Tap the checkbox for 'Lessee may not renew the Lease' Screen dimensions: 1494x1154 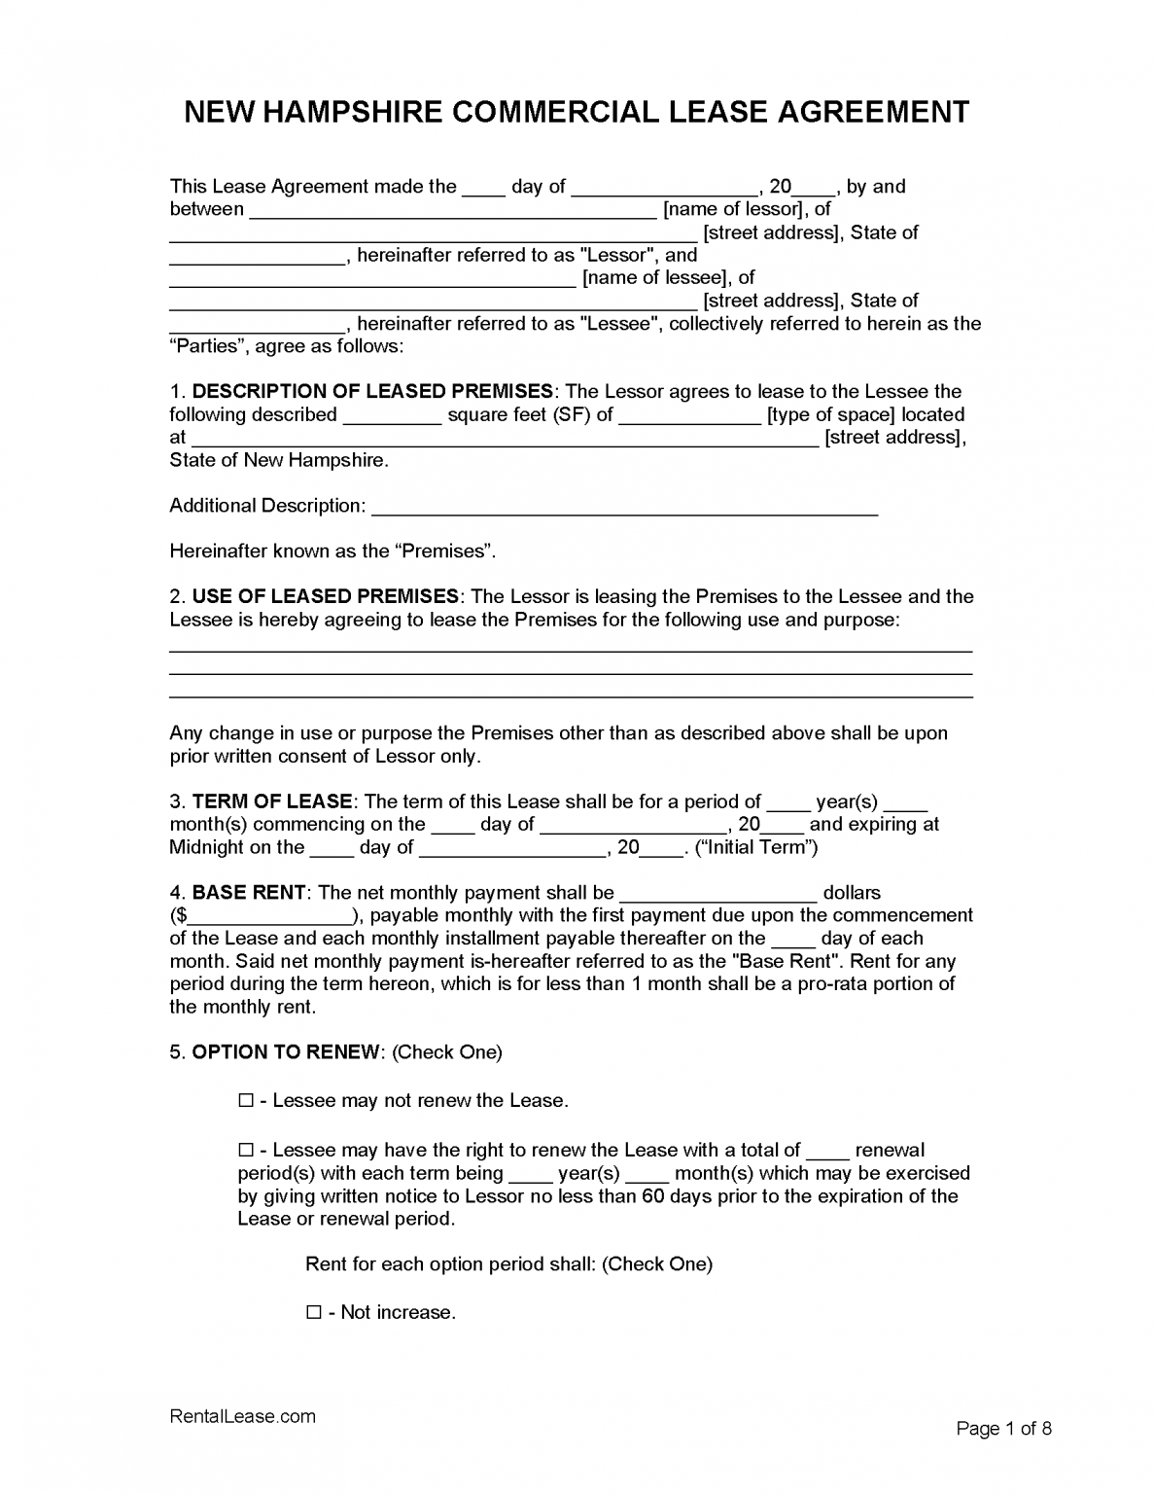click(x=246, y=1101)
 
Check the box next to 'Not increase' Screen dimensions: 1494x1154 click(x=314, y=1312)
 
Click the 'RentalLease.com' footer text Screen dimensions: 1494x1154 click(x=242, y=1416)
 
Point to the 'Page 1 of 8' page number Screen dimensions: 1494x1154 click(x=1003, y=1428)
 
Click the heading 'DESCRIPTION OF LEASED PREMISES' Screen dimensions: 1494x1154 click(x=372, y=392)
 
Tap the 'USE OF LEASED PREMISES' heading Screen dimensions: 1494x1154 click(x=326, y=596)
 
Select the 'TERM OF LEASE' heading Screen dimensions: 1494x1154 click(x=272, y=801)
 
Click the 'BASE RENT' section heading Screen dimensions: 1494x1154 click(x=250, y=893)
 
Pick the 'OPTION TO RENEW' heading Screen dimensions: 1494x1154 click(x=286, y=1052)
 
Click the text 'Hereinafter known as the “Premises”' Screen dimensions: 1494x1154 click(x=332, y=551)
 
